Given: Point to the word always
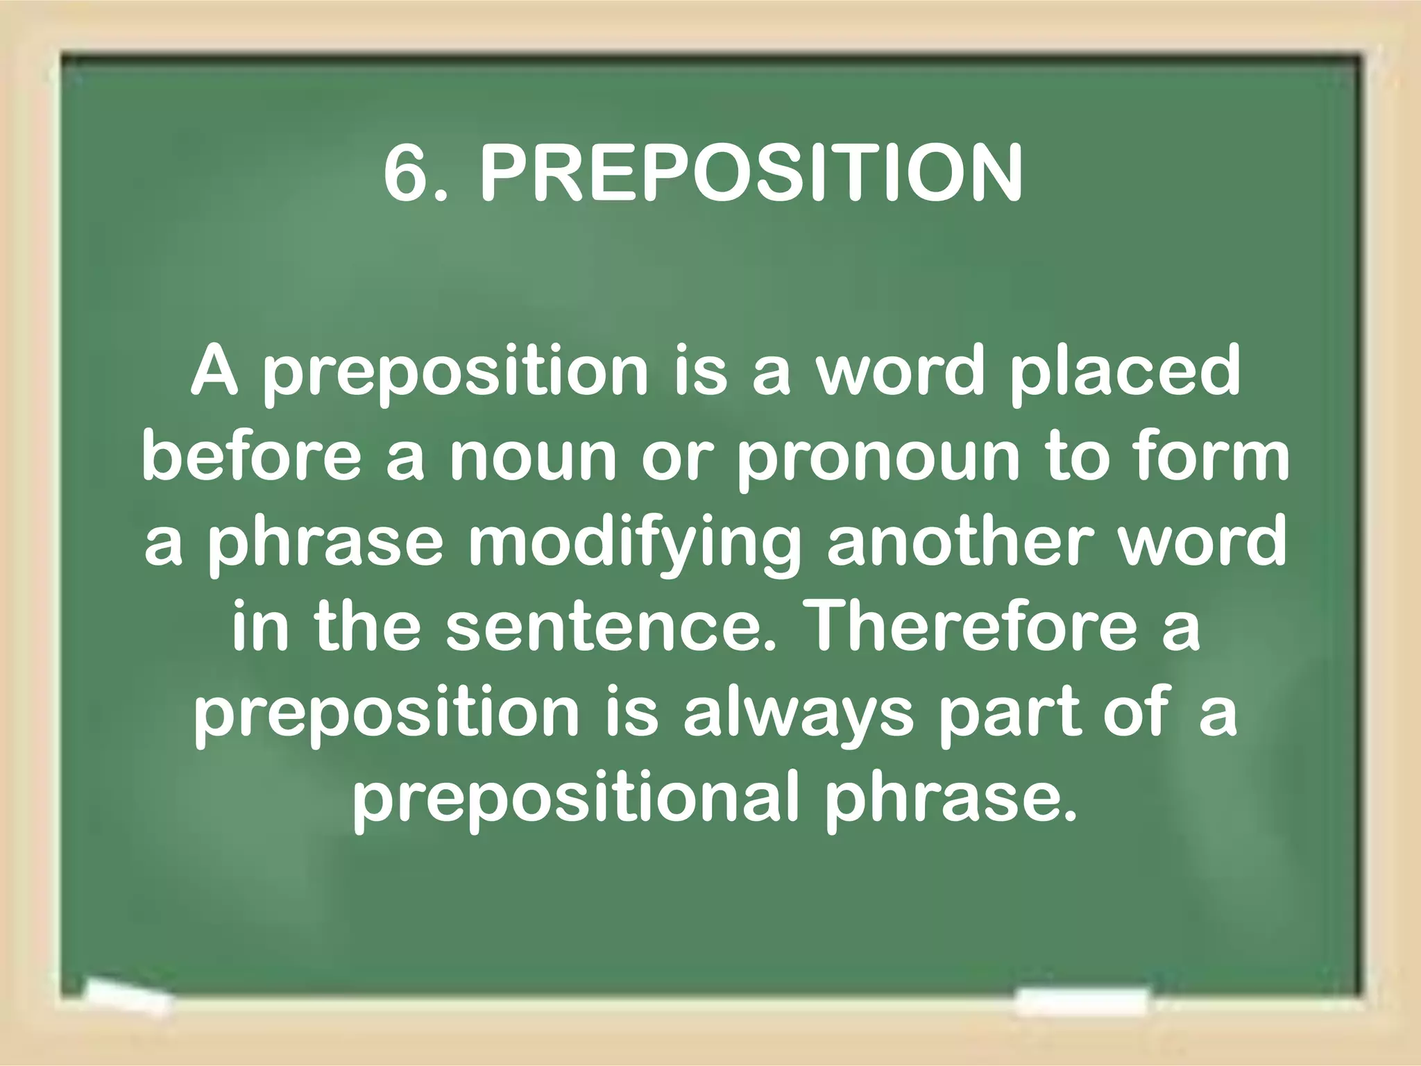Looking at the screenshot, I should coord(799,715).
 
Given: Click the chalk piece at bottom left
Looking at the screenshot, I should coord(128,999).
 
